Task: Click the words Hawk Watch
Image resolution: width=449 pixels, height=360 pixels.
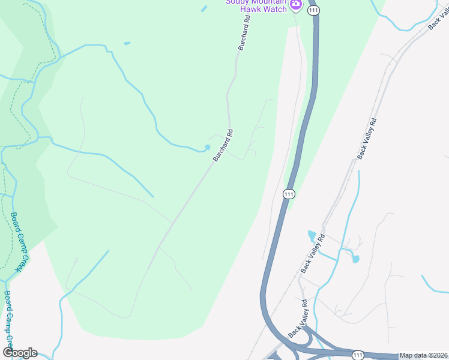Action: (264, 9)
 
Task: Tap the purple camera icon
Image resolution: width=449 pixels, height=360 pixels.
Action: (295, 5)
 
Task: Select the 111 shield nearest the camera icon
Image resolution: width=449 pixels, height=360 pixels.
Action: (312, 11)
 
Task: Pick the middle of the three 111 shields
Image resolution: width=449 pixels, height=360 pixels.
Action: (289, 194)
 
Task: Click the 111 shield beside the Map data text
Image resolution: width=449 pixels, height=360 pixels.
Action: (358, 355)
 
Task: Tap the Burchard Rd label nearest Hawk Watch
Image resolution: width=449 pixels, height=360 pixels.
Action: (244, 34)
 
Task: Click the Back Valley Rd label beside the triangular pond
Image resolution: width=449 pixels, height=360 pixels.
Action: (312, 253)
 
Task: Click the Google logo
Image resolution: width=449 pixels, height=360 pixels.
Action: (20, 353)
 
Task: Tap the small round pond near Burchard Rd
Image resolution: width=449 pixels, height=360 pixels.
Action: (208, 147)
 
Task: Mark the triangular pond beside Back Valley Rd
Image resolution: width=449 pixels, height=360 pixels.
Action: (311, 235)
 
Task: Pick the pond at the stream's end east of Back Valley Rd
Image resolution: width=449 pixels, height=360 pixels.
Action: (355, 259)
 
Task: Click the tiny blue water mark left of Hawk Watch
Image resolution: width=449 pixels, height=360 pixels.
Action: (204, 8)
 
